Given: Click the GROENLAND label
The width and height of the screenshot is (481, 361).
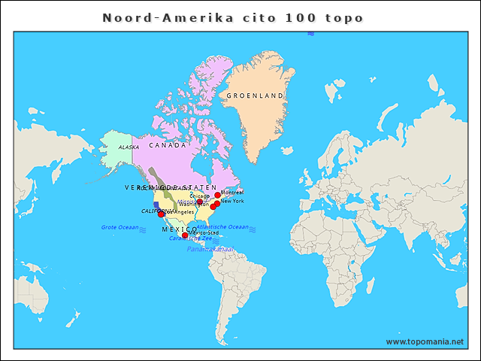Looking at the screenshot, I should tap(256, 96).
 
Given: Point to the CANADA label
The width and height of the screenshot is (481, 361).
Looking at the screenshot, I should tap(168, 145).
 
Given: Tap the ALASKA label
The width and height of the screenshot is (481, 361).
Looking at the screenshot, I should tap(129, 147).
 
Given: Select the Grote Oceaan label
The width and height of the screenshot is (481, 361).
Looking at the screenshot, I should tap(120, 227).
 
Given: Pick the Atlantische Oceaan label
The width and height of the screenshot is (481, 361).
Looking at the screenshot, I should tap(222, 226).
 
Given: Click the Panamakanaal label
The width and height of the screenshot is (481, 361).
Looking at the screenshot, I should tap(210, 249).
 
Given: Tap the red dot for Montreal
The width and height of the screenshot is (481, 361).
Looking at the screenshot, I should tap(218, 195).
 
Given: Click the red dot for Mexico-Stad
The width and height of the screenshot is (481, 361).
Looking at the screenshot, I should tap(185, 235).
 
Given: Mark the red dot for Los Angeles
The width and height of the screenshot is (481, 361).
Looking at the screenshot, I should tap(161, 214).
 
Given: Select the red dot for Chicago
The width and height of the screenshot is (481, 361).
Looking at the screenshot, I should tap(200, 202).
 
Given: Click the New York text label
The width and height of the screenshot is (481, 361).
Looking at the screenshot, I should tap(232, 201).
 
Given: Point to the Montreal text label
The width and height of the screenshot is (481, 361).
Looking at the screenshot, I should tap(233, 193).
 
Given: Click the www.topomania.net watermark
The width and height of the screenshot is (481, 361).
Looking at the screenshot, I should tap(425, 341).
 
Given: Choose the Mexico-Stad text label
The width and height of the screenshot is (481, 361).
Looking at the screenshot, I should tap(204, 233).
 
